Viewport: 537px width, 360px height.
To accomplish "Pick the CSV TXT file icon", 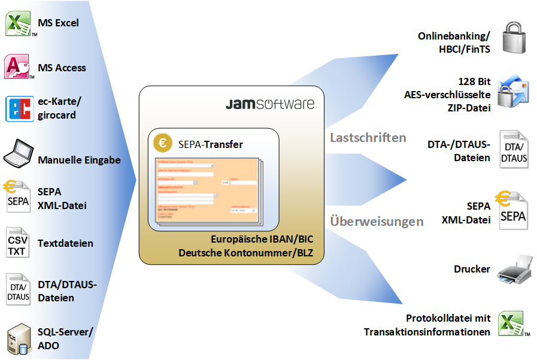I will (x=17, y=242).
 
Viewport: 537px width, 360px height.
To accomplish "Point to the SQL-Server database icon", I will (x=19, y=338).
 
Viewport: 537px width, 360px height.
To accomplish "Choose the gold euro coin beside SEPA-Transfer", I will (x=162, y=144).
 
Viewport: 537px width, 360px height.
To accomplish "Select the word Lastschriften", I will (x=368, y=138).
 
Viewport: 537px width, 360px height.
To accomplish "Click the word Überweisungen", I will (x=377, y=221).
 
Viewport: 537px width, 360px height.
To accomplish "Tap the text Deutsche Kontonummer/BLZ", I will (x=246, y=253).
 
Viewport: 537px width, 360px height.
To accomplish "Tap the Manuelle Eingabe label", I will (x=79, y=160).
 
